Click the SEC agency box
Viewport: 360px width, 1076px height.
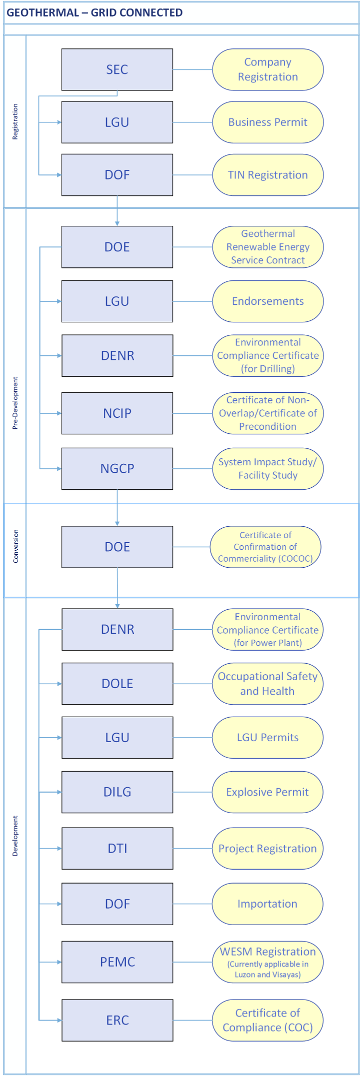coord(117,69)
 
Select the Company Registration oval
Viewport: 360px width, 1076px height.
coord(267,69)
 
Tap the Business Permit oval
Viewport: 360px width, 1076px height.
coord(267,122)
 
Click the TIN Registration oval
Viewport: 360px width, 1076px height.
coord(267,175)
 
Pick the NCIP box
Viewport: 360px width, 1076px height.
coord(117,413)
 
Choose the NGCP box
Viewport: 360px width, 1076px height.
coord(117,469)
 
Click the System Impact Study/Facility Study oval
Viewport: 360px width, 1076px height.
coord(267,469)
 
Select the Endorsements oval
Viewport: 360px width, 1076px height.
coord(267,301)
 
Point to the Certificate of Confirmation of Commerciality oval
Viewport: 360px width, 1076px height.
coord(265,547)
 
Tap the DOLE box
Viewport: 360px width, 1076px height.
coord(117,684)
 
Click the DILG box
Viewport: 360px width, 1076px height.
coord(117,792)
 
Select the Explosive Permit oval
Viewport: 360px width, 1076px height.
coord(267,792)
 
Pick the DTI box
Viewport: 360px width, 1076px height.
coord(117,849)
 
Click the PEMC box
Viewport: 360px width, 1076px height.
coord(117,962)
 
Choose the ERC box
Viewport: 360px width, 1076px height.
coord(117,1021)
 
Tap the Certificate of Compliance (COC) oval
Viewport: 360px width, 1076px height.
coord(267,1021)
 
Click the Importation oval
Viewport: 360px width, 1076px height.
coord(267,904)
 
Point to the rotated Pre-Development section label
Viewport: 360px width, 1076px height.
coord(15,403)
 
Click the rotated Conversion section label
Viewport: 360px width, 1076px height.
coord(15,546)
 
